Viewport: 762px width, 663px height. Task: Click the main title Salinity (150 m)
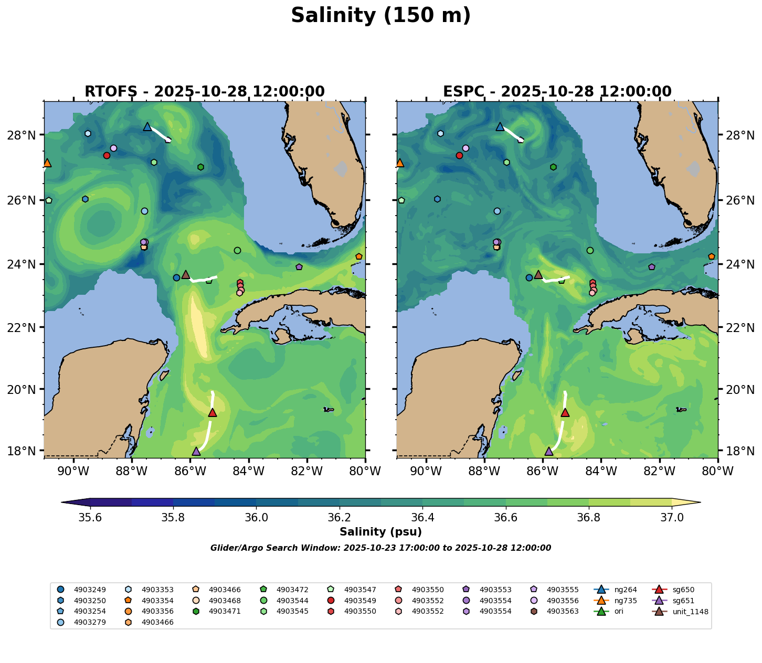381,16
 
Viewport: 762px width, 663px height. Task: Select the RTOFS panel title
205,92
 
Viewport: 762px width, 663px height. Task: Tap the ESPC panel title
557,92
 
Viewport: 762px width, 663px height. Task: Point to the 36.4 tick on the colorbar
423,518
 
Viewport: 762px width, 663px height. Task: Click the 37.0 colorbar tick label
672,518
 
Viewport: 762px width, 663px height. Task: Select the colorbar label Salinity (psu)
381,532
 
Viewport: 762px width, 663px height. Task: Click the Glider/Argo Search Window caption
381,548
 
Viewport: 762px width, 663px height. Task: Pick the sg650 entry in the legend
683,590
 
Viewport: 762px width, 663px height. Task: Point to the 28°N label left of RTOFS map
26,135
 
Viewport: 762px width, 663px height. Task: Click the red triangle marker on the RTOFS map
213,413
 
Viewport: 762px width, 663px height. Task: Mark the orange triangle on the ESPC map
400,163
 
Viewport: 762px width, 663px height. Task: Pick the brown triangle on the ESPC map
538,275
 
